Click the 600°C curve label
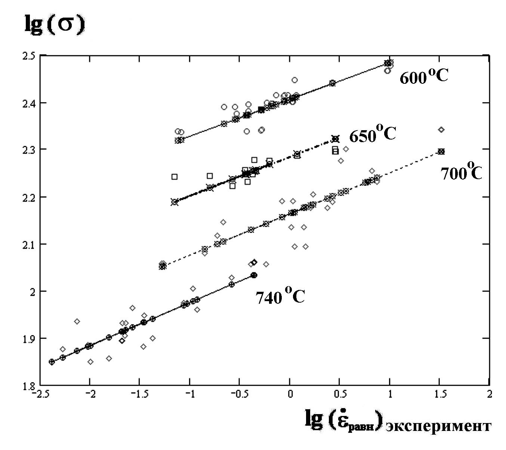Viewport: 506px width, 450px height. click(x=424, y=77)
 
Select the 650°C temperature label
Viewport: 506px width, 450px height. click(x=372, y=134)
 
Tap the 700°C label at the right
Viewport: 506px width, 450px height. click(x=461, y=173)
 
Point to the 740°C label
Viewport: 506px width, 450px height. click(x=280, y=297)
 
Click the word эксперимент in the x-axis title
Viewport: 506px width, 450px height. click(x=438, y=426)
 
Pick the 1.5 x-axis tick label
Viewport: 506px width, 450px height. click(x=440, y=395)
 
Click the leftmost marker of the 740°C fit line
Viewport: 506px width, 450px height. click(x=52, y=362)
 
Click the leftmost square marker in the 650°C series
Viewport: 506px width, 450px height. click(x=175, y=177)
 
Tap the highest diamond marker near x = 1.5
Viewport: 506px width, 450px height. click(x=441, y=130)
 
